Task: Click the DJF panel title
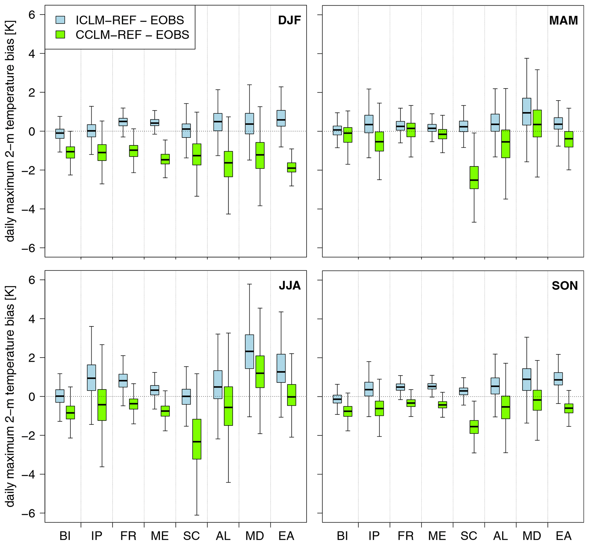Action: click(289, 20)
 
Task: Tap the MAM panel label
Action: click(563, 20)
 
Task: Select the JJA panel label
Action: click(290, 285)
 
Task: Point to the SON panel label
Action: click(564, 285)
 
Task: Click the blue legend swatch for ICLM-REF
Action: click(60, 20)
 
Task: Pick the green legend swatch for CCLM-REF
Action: click(60, 34)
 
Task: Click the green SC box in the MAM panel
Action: click(474, 177)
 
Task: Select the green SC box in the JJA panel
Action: click(197, 439)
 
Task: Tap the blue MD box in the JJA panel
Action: click(249, 352)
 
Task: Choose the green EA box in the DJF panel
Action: click(292, 167)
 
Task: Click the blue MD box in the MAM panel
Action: click(527, 111)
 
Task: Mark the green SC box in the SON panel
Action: click(474, 427)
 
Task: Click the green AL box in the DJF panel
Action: click(228, 164)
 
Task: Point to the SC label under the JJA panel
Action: click(191, 535)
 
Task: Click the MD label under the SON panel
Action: click(532, 535)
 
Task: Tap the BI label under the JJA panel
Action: click(65, 535)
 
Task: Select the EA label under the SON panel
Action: click(564, 535)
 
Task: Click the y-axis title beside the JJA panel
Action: click(10, 397)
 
